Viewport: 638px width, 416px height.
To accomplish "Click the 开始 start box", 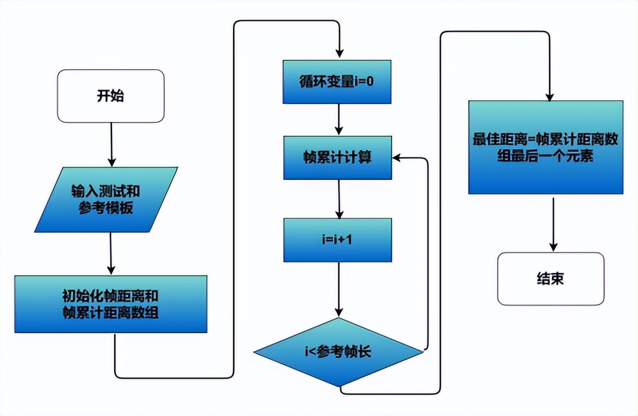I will (111, 96).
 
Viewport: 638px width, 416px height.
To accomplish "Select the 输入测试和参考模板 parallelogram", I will (106, 200).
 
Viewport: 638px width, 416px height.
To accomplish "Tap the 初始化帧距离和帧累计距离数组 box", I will (111, 304).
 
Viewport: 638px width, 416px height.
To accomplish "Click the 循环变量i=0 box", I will (337, 81).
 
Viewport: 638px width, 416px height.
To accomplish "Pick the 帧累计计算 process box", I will (337, 157).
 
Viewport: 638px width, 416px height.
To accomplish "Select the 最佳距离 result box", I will (545, 148).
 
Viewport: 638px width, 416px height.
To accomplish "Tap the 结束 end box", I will (550, 279).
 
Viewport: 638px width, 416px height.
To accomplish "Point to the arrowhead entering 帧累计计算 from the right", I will (398, 157).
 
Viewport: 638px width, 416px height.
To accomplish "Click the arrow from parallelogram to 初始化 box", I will (111, 254).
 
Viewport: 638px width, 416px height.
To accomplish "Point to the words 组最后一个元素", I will (545, 156).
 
